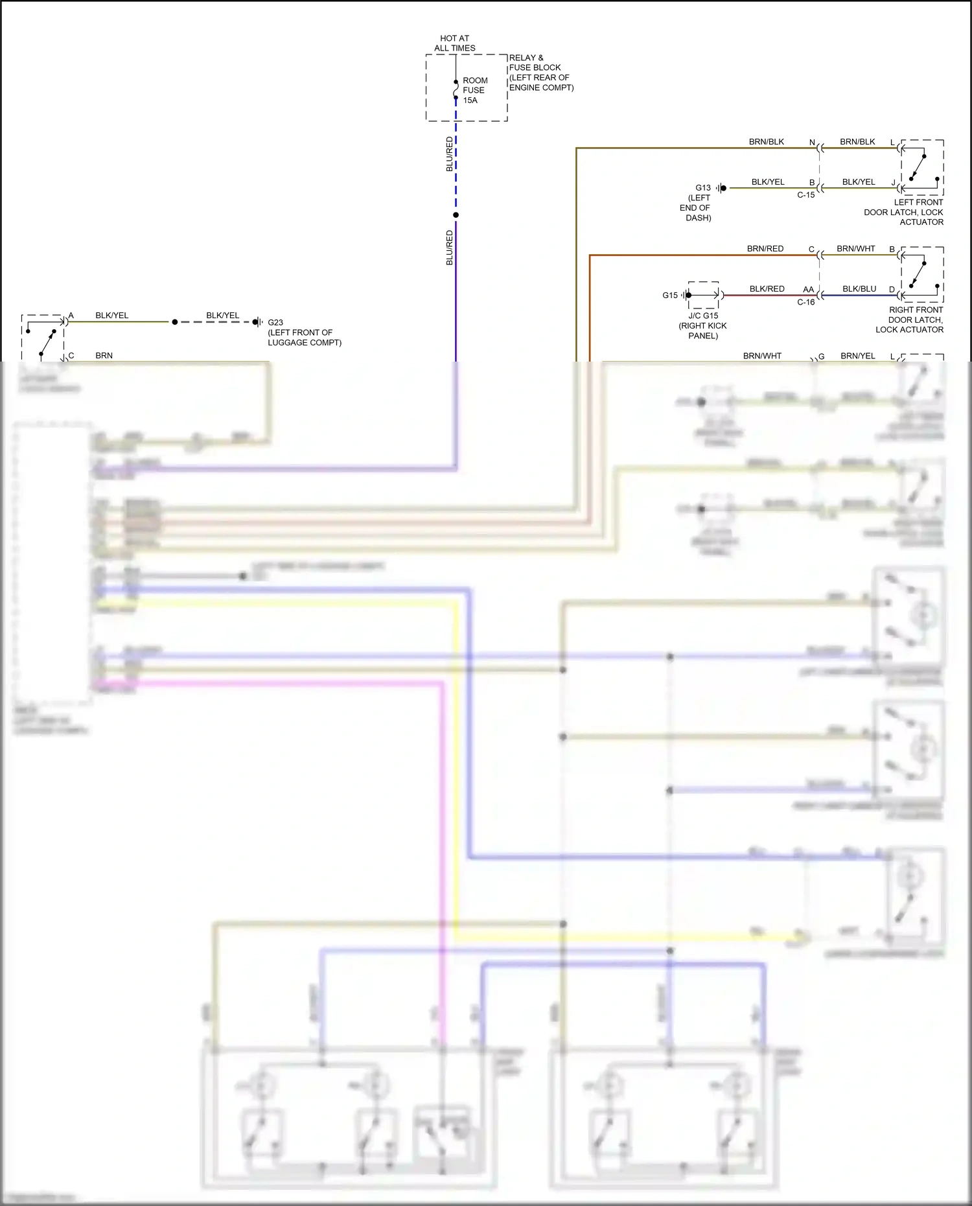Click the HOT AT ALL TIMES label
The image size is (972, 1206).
pyautogui.click(x=454, y=43)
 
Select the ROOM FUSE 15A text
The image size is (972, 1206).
pyautogui.click(x=474, y=90)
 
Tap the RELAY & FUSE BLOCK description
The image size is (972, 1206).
pyautogui.click(x=540, y=73)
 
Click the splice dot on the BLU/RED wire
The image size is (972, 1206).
pyautogui.click(x=456, y=215)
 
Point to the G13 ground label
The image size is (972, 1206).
pyautogui.click(x=703, y=188)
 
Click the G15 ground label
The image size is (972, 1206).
pyautogui.click(x=670, y=296)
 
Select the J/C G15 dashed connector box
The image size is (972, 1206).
pyautogui.click(x=703, y=295)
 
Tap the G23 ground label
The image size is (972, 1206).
pyautogui.click(x=275, y=322)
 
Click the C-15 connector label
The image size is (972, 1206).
pyautogui.click(x=805, y=195)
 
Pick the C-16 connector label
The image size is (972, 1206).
pyautogui.click(x=805, y=303)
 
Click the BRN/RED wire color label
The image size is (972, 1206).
pyautogui.click(x=765, y=249)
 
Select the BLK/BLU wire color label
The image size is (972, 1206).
pyautogui.click(x=859, y=289)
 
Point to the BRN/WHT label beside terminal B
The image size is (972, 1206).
pyautogui.click(x=855, y=249)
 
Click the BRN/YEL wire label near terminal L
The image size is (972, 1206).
pyautogui.click(x=857, y=356)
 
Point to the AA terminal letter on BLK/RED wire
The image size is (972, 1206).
pyautogui.click(x=808, y=290)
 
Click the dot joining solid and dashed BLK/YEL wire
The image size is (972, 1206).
pyautogui.click(x=174, y=322)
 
